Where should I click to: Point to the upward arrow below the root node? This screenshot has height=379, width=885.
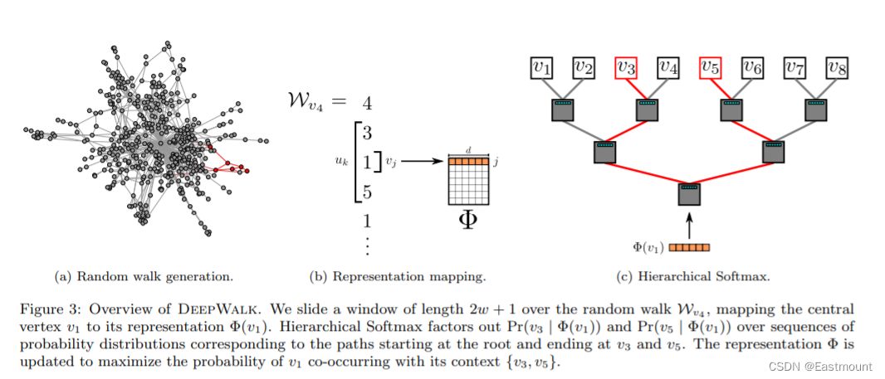pos(689,226)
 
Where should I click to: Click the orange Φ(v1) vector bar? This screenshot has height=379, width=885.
pos(689,247)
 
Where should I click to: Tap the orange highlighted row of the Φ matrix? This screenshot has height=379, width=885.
pos(468,161)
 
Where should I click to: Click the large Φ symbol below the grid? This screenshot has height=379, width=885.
pos(468,220)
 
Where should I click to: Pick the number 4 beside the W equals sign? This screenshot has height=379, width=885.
pos(367,104)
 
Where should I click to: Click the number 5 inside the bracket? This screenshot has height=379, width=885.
pos(367,193)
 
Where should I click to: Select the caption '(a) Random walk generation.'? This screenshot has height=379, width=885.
pos(144,277)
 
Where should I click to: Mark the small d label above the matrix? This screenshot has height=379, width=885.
pos(468,151)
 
